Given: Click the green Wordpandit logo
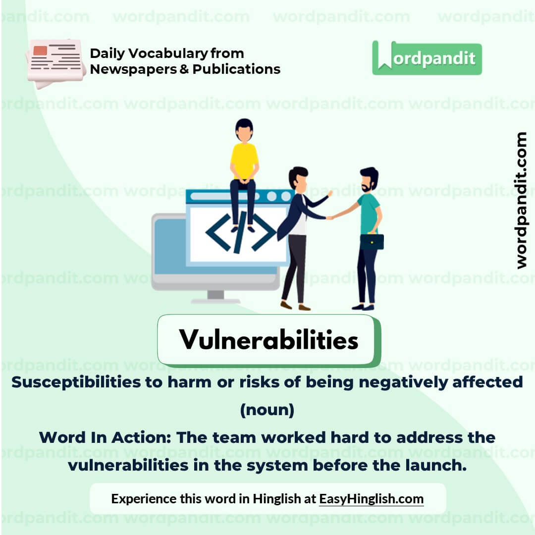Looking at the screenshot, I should (427, 58).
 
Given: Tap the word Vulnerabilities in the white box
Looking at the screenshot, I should (268, 340).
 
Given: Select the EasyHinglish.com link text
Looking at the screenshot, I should (371, 498).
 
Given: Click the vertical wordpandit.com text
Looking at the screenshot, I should (521, 200).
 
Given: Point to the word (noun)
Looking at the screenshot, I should (267, 410).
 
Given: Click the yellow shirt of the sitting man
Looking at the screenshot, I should (244, 160).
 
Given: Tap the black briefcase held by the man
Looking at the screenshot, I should (372, 241).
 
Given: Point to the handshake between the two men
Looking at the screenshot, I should (329, 216).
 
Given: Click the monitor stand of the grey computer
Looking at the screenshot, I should (215, 296).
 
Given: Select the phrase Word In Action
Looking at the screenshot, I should (105, 437).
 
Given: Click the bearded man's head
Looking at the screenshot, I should (369, 179).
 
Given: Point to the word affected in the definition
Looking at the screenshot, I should (490, 382).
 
